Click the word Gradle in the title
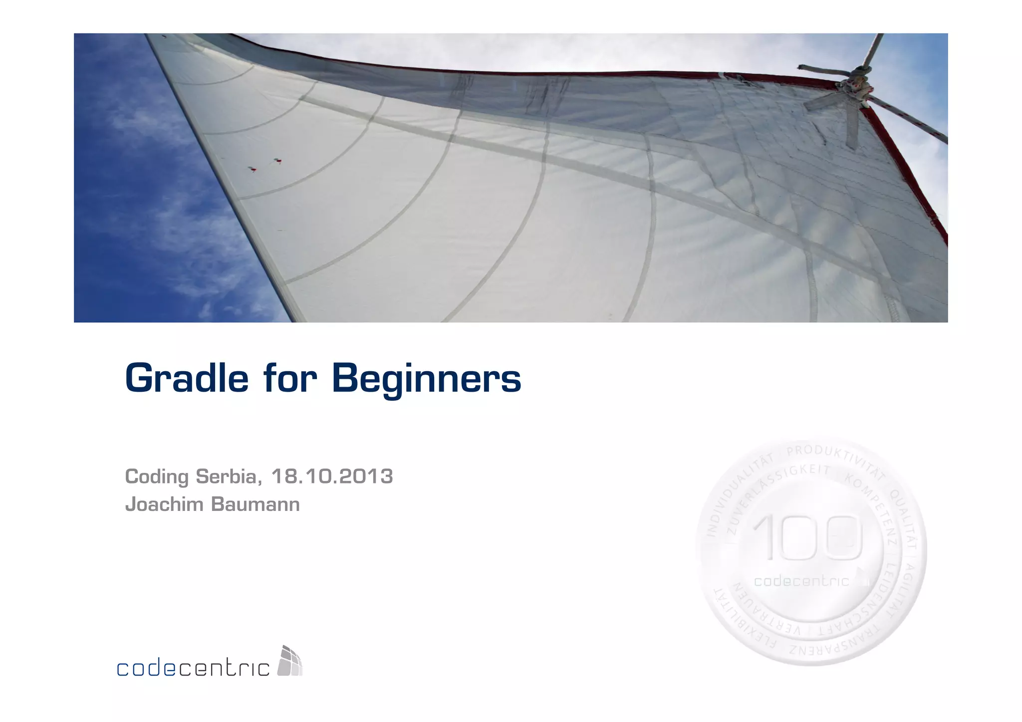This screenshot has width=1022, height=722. (x=186, y=379)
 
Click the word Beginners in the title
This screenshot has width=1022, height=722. (x=426, y=379)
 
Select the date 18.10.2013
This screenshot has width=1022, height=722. (x=332, y=477)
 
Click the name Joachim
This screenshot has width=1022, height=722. (x=164, y=504)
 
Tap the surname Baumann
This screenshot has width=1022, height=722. (x=255, y=504)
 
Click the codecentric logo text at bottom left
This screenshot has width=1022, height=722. (x=193, y=668)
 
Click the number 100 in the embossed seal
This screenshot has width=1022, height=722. (x=807, y=538)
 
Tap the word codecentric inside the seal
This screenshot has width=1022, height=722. (x=801, y=581)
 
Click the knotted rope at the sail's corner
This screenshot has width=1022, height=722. (x=854, y=86)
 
